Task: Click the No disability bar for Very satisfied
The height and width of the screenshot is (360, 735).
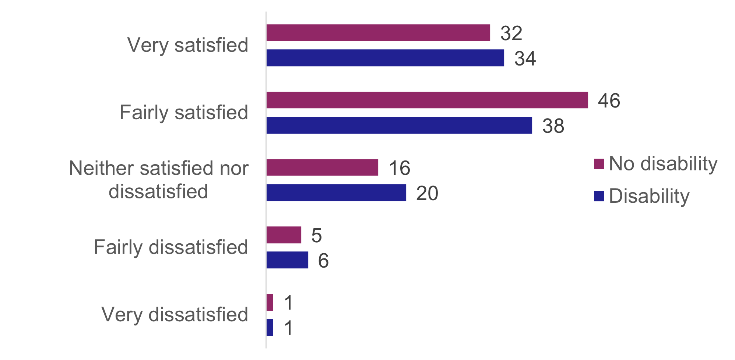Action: click(378, 33)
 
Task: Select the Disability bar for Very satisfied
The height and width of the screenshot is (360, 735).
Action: click(385, 58)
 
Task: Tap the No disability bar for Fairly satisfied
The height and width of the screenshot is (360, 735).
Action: click(427, 100)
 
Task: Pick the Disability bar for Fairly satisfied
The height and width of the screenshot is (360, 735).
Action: click(399, 125)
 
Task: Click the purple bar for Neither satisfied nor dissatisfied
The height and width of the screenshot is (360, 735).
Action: click(322, 167)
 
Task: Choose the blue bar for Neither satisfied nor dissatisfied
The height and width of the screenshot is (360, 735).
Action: click(336, 193)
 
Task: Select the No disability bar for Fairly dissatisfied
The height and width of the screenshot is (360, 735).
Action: click(284, 235)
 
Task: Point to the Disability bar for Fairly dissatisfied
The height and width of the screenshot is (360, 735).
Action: click(287, 260)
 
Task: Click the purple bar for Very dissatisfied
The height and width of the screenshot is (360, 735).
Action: click(270, 302)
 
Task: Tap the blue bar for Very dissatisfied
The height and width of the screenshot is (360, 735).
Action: click(270, 327)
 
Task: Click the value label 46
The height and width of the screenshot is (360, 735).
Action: click(609, 100)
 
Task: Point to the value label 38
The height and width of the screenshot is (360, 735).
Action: click(553, 126)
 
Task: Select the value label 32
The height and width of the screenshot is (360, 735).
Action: click(511, 33)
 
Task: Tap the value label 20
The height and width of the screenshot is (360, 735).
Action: click(427, 193)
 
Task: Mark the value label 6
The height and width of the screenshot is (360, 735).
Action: click(323, 261)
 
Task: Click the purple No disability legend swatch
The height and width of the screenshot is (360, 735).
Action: click(599, 164)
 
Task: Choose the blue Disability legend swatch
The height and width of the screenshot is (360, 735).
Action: click(599, 196)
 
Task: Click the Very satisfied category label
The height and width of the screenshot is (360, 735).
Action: click(188, 45)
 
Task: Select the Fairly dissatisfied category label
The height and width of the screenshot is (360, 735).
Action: click(171, 247)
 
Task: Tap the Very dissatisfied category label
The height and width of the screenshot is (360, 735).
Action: click(175, 315)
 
